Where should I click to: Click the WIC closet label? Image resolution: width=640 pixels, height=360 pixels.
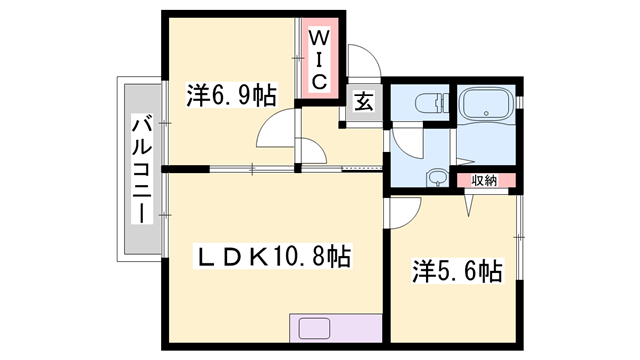pos(317,58)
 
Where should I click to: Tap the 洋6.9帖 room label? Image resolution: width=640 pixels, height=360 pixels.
pos(229,97)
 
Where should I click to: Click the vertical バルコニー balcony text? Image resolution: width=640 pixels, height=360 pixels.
pos(141,170)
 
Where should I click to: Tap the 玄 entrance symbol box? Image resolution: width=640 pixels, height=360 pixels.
pos(360,101)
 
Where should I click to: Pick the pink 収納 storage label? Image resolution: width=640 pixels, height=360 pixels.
pos(485,180)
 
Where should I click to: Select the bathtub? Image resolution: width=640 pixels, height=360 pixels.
pos(486,104)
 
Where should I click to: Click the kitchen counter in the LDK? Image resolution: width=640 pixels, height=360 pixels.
pos(335,329)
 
